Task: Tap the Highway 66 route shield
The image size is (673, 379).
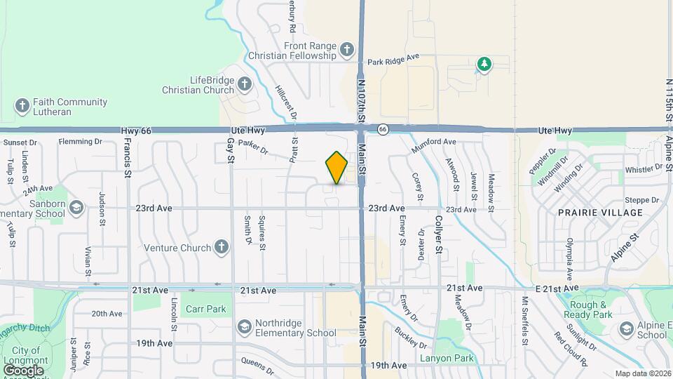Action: (383, 129)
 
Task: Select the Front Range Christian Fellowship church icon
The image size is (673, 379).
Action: (347, 49)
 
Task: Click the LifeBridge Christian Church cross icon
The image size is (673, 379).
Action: (244, 85)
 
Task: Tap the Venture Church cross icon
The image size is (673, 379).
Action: (221, 247)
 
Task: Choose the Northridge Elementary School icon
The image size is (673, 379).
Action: (245, 327)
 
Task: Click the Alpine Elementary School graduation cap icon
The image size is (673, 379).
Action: (626, 329)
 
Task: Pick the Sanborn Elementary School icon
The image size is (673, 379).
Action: (76, 208)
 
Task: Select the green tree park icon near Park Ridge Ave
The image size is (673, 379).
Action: (484, 65)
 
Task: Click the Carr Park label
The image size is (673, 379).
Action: (205, 309)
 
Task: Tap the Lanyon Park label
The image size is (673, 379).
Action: (447, 359)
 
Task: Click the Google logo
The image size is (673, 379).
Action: (23, 370)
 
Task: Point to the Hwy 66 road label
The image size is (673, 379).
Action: (135, 131)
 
